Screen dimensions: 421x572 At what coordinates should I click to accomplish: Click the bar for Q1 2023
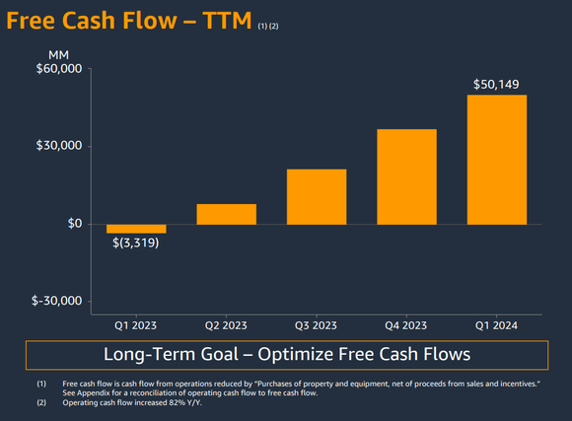pyautogui.click(x=136, y=229)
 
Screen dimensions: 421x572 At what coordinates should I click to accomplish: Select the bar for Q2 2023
pyautogui.click(x=226, y=214)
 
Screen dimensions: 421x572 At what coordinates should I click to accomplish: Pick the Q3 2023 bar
pyautogui.click(x=316, y=197)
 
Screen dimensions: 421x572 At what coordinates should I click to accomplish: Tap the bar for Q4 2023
pyautogui.click(x=406, y=176)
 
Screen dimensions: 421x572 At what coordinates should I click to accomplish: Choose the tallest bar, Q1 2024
pyautogui.click(x=497, y=160)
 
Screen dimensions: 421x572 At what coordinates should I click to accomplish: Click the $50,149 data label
pyautogui.click(x=497, y=85)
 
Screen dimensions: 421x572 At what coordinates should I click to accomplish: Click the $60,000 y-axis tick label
pyautogui.click(x=60, y=69)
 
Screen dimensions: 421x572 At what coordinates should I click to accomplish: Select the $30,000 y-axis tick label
pyautogui.click(x=60, y=147)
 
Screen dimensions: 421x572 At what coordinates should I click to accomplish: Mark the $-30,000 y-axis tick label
pyautogui.click(x=58, y=302)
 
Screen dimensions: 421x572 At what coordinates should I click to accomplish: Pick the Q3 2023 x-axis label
pyautogui.click(x=317, y=325)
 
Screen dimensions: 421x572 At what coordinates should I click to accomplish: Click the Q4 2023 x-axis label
pyautogui.click(x=406, y=325)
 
